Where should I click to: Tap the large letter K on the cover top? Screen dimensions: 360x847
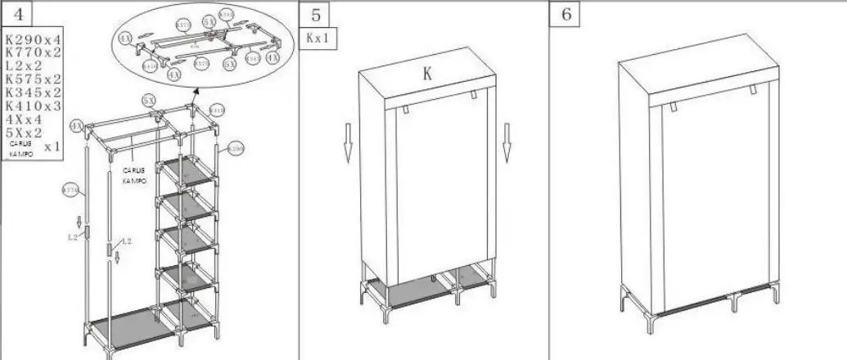426,74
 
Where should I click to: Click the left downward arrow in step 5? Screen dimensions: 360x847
348,141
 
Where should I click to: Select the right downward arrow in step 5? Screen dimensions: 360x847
507,141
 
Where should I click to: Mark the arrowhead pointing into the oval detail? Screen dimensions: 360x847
196,97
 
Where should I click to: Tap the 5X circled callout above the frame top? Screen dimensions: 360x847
149,99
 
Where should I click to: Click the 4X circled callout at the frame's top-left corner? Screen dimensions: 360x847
76,126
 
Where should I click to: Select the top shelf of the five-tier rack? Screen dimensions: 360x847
189,170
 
